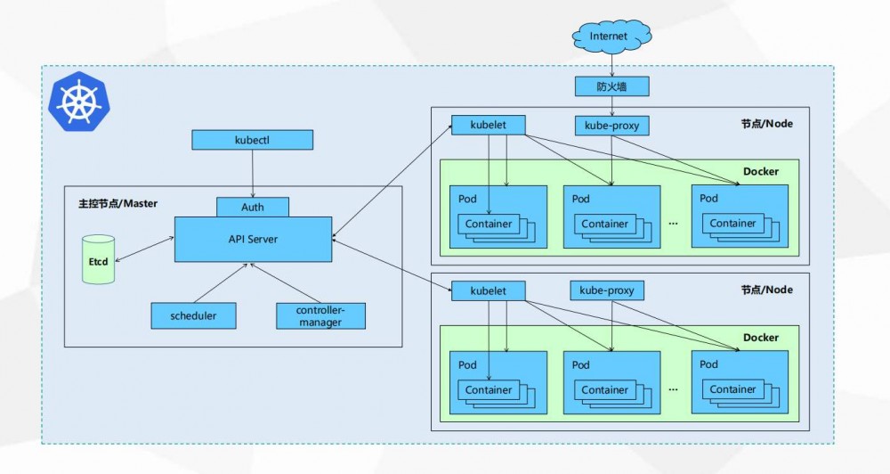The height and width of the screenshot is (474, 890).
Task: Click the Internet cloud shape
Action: [610, 37]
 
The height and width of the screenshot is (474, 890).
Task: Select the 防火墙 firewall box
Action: [611, 86]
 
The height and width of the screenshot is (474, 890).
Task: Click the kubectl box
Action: [254, 140]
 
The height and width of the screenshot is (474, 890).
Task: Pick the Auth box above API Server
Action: [253, 207]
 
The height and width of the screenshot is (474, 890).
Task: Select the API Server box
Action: [253, 239]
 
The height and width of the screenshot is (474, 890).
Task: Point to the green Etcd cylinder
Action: [99, 259]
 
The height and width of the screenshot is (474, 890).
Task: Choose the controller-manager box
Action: [320, 315]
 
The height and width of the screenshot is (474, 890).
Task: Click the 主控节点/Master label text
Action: [117, 204]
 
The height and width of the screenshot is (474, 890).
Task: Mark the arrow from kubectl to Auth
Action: [254, 173]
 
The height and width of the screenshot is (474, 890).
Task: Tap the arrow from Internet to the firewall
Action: [611, 63]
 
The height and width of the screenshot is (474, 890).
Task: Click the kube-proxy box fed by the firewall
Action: [611, 126]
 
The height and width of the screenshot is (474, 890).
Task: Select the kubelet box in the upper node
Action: [488, 125]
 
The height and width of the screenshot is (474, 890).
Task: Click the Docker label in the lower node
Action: [760, 338]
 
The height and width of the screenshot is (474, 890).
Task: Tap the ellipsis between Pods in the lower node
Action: [673, 389]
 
